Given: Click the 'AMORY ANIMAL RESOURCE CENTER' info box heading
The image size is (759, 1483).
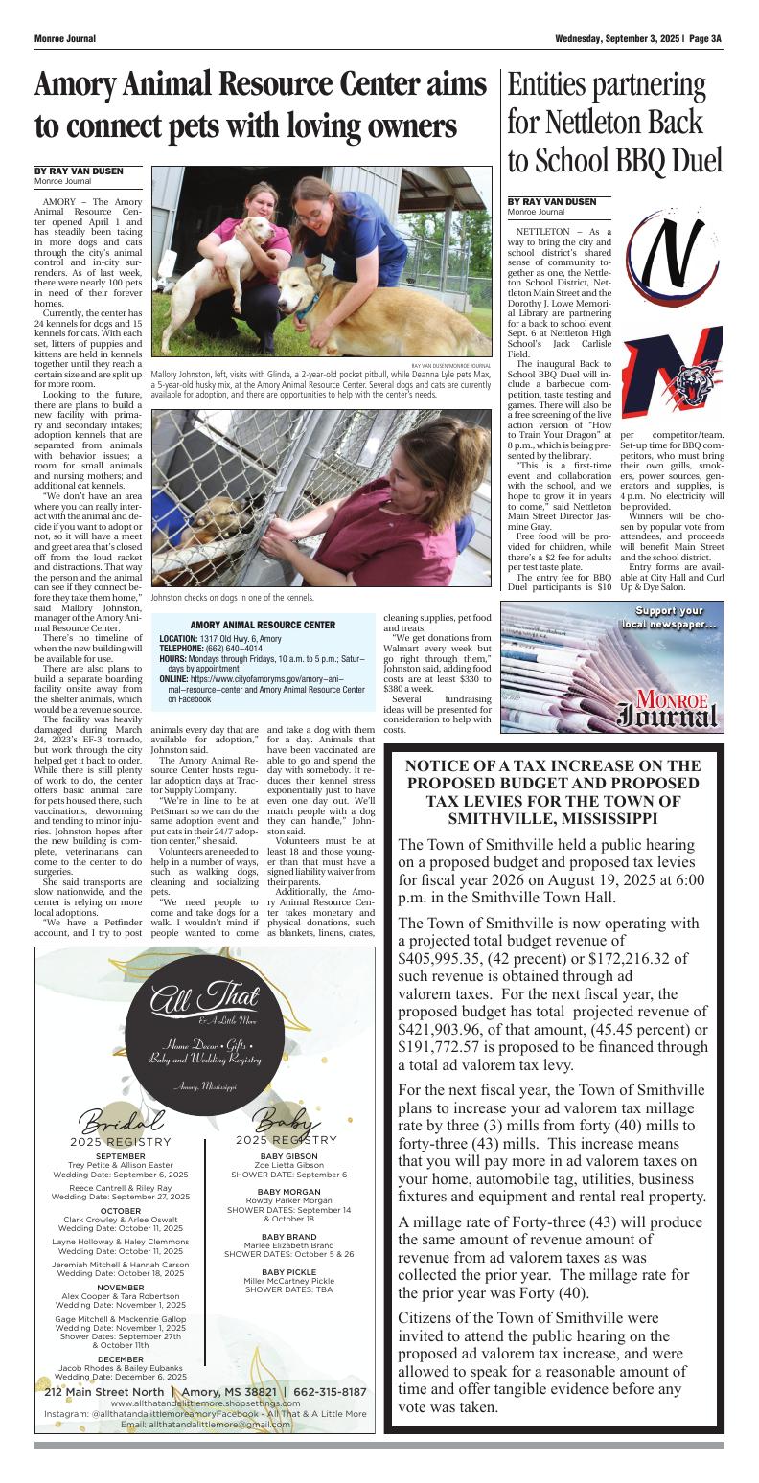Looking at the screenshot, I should click(263, 625).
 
